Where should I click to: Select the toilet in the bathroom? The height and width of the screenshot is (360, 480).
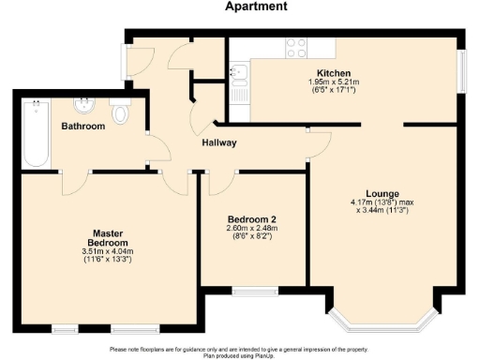tap(120, 113)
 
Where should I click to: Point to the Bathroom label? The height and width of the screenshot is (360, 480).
tap(82, 126)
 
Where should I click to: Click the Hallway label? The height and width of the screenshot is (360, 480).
tap(217, 142)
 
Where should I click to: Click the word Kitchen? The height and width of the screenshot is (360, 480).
tap(334, 73)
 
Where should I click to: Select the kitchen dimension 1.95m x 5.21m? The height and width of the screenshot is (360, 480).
tap(334, 82)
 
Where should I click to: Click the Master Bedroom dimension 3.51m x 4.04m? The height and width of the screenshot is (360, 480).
tap(108, 250)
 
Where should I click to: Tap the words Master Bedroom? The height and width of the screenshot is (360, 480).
tap(108, 236)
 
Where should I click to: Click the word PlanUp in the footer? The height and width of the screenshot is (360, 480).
tap(265, 355)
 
